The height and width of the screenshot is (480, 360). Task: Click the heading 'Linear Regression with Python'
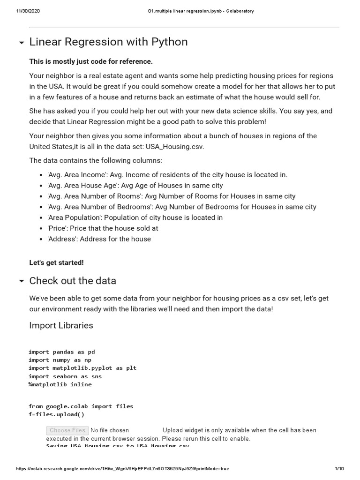click(x=108, y=42)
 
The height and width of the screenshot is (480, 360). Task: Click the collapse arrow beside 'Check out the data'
click(x=21, y=281)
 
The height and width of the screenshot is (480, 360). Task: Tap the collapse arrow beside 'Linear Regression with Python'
click(x=21, y=43)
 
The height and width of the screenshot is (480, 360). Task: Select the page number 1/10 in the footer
click(x=339, y=469)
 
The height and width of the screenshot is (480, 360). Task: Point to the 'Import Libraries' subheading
click(x=61, y=325)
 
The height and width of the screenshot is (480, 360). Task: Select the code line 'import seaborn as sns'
click(x=65, y=376)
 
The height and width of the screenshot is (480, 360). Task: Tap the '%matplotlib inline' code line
click(x=60, y=384)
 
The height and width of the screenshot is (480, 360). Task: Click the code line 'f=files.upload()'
click(x=56, y=414)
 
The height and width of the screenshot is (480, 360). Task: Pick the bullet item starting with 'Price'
click(x=103, y=228)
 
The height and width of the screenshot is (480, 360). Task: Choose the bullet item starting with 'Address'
click(x=99, y=239)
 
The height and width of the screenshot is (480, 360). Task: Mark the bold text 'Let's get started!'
click(x=56, y=262)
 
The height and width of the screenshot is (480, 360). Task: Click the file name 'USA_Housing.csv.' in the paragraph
click(x=175, y=147)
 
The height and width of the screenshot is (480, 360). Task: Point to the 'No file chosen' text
click(x=110, y=430)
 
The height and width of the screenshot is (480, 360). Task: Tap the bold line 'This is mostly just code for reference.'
click(x=91, y=61)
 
